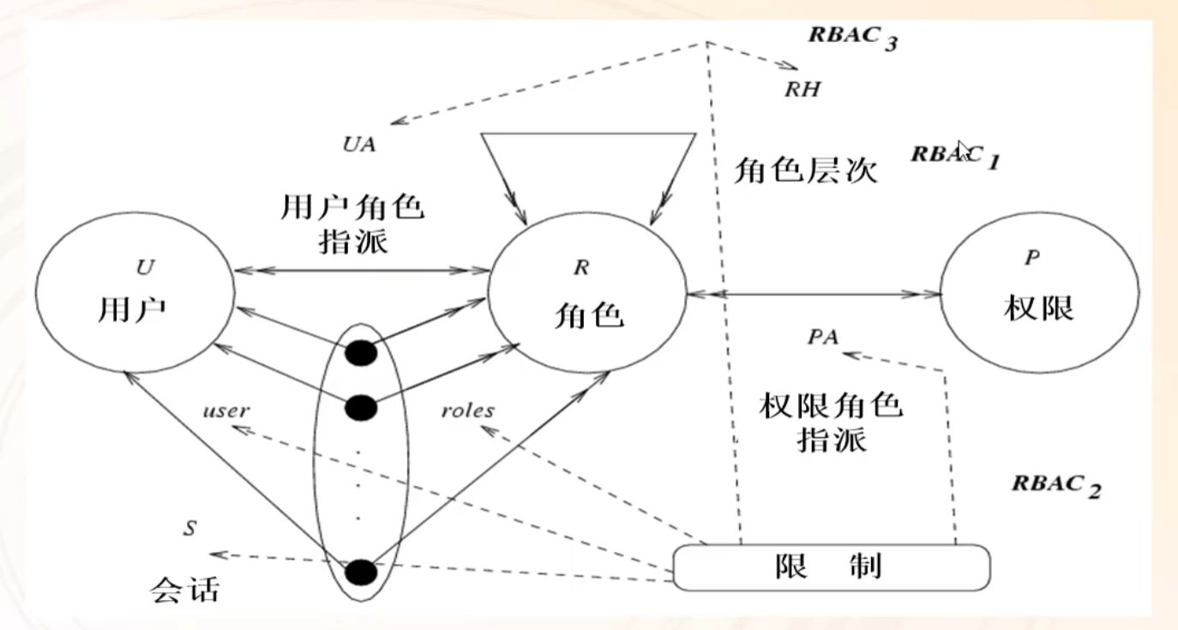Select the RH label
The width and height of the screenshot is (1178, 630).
click(x=802, y=88)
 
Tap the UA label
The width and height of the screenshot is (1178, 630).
click(x=358, y=144)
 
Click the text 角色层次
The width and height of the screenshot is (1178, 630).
click(x=805, y=171)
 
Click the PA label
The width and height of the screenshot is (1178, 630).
click(x=823, y=336)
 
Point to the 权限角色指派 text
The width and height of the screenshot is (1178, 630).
click(x=831, y=422)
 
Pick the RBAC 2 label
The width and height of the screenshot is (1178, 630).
click(x=1055, y=484)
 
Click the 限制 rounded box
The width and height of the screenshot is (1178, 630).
click(x=831, y=567)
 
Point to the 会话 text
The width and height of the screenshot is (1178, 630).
click(x=184, y=588)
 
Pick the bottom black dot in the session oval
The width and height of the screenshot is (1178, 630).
click(x=360, y=570)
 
